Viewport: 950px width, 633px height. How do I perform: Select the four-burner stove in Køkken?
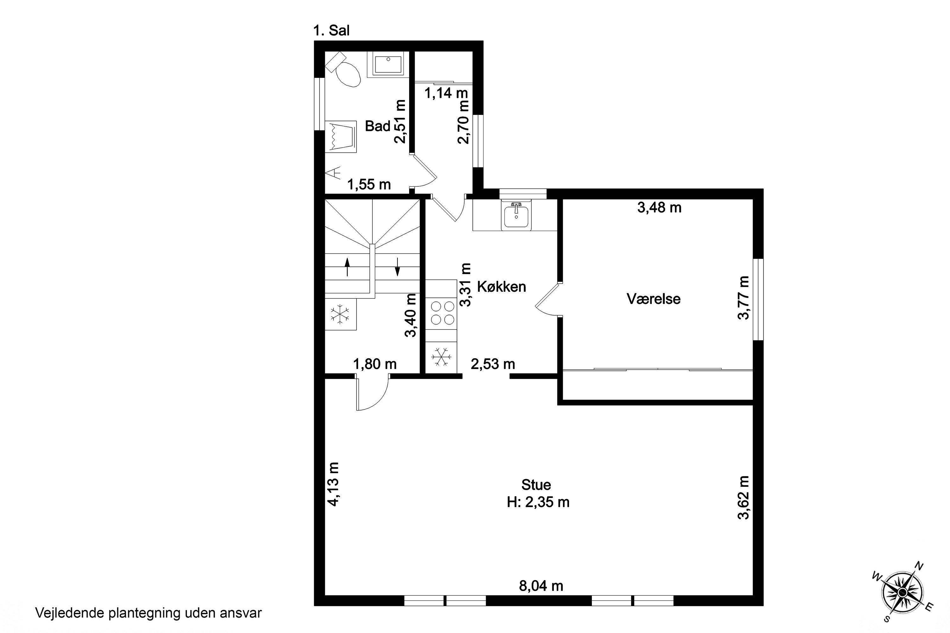tap(441, 313)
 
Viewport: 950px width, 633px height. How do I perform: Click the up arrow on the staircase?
tap(347, 267)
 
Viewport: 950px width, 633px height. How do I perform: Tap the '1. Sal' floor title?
tap(332, 31)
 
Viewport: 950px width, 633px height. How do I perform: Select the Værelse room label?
tap(654, 299)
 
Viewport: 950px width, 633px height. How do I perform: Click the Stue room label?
tap(536, 485)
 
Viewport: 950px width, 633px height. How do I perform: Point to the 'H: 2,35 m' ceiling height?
tap(538, 502)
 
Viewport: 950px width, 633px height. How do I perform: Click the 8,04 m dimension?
tap(541, 586)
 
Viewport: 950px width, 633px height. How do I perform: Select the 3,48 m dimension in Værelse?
tap(660, 208)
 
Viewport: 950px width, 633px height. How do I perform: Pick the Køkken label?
tap(502, 287)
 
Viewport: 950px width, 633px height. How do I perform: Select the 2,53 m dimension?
tap(493, 364)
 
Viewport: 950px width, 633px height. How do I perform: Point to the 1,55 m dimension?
tap(369, 185)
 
